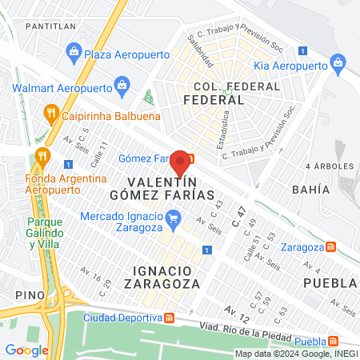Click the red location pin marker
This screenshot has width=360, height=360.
[181, 162]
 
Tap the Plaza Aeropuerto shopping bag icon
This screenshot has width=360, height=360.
[74, 53]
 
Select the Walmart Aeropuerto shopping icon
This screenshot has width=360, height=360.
[122, 83]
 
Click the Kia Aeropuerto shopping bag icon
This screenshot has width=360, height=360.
[338, 62]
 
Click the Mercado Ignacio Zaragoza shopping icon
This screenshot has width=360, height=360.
[172, 215]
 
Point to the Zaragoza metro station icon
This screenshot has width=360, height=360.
[330, 247]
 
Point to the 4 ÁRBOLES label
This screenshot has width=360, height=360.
[330, 166]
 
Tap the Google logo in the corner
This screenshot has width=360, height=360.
[26, 350]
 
